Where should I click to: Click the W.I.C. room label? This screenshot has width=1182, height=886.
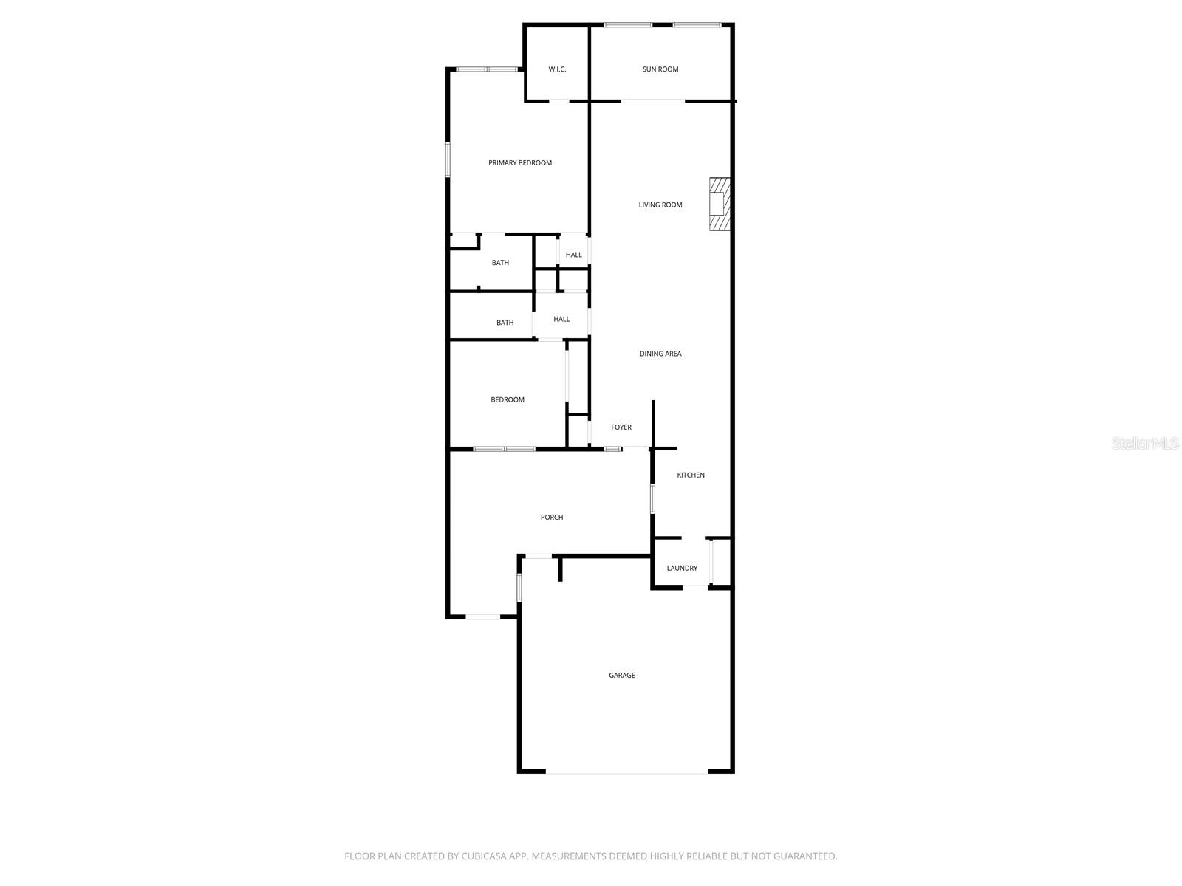[557, 69]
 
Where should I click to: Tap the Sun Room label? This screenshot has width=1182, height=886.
[660, 69]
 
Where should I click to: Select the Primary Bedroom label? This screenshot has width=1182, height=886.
[520, 163]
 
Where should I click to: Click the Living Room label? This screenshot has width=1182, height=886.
[660, 205]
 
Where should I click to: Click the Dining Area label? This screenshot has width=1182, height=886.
[660, 354]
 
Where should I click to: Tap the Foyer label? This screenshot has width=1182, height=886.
[621, 427]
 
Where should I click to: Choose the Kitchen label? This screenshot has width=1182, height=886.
[691, 475]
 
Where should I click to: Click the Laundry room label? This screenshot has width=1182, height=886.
[682, 569]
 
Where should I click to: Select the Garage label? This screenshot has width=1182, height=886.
[622, 676]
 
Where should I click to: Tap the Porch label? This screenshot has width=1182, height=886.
[552, 518]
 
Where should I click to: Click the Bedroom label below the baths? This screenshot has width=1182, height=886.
[508, 400]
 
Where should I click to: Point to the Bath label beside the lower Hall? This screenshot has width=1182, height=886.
[505, 323]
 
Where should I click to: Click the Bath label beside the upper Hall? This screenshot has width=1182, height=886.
[500, 263]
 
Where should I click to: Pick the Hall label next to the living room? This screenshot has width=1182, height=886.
[574, 255]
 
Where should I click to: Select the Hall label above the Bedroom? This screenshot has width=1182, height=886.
[561, 320]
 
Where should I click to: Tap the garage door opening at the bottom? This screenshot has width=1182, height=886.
[627, 772]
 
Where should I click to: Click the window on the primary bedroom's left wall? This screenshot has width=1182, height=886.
[448, 159]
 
